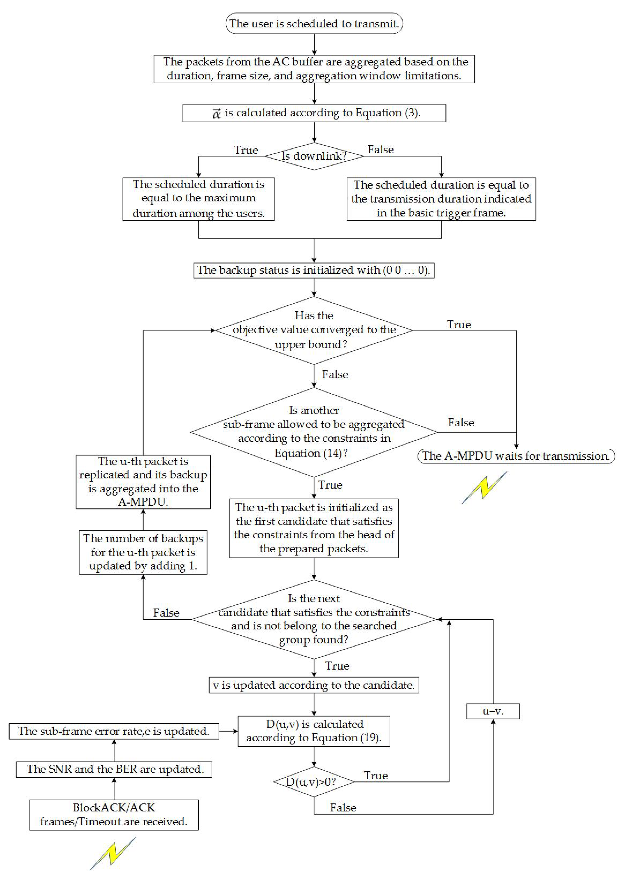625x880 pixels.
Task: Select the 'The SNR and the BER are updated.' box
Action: [114, 769]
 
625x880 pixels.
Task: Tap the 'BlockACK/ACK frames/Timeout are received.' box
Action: [114, 815]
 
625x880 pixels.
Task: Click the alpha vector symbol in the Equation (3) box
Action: [217, 113]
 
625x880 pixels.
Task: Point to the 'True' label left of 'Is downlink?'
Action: [246, 150]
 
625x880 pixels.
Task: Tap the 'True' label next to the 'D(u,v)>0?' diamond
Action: [376, 776]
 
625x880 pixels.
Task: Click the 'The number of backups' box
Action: [143, 552]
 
